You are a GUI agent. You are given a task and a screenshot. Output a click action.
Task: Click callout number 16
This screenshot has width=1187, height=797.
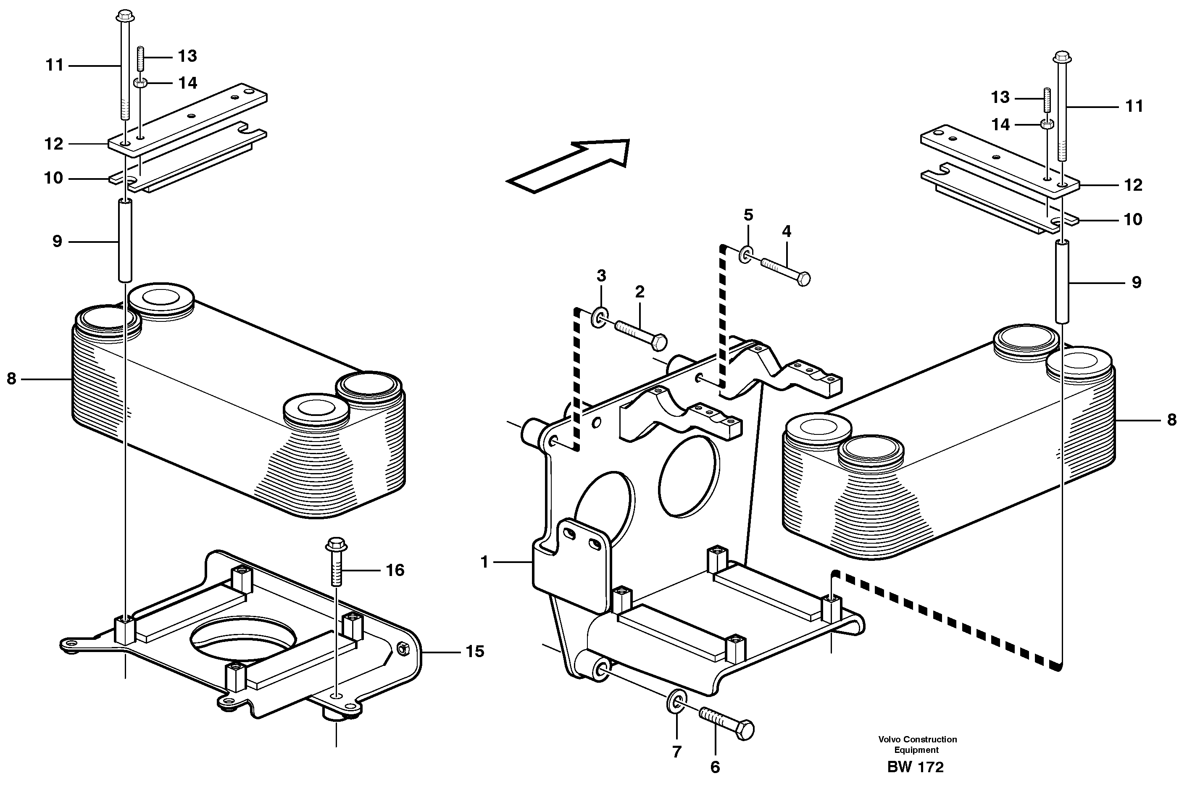click(x=395, y=570)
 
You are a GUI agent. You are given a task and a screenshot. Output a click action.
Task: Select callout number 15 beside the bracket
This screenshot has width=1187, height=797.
click(x=475, y=651)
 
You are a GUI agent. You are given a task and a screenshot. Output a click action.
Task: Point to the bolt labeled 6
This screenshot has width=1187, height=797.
click(x=727, y=722)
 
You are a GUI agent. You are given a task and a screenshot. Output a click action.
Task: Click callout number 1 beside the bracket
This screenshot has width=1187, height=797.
click(x=484, y=562)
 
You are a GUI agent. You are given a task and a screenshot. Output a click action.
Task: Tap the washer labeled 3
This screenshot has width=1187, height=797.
click(x=600, y=318)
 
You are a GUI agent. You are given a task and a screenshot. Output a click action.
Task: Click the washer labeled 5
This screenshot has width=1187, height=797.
click(x=746, y=254)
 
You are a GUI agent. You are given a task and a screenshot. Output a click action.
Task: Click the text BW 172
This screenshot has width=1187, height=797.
click(x=915, y=767)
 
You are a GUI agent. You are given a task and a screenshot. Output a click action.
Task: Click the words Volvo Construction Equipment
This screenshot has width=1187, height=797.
click(x=917, y=744)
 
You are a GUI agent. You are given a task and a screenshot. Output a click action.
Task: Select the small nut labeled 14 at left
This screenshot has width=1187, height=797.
click(x=140, y=82)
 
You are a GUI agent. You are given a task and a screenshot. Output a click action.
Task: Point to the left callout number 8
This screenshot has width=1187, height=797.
click(x=11, y=378)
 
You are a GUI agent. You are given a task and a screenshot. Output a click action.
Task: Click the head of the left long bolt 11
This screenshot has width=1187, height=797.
click(x=124, y=17)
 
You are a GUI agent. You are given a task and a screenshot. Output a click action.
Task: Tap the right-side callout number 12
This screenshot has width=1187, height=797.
click(x=1133, y=185)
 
